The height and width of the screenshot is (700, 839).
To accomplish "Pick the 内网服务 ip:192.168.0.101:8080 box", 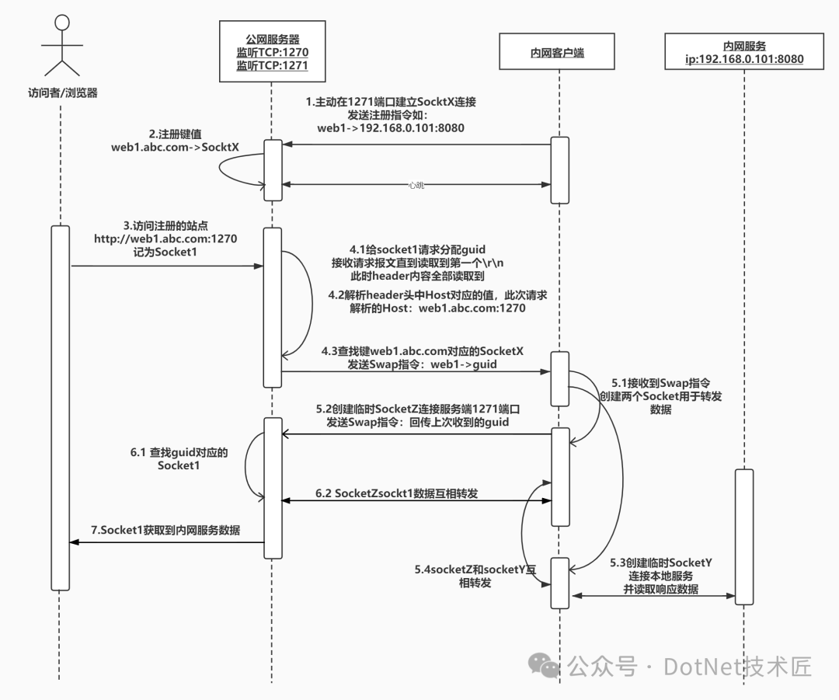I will [744, 53].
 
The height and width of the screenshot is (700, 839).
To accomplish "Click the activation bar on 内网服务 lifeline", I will [743, 536].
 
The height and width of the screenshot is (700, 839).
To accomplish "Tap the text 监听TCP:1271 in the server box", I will [272, 66].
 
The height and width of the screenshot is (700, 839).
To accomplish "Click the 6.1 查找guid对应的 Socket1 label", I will [179, 458].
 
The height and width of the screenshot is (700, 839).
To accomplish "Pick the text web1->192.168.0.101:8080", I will [391, 127].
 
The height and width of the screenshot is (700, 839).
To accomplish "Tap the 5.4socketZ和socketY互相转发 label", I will [475, 576].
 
